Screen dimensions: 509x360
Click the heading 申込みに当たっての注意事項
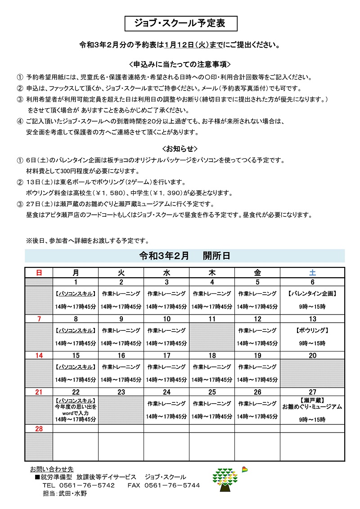click(180, 64)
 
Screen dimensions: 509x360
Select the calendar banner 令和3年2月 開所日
click(185, 256)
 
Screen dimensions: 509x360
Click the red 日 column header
click(39, 272)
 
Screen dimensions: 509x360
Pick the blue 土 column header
click(312, 272)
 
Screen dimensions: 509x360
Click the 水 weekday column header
click(166, 272)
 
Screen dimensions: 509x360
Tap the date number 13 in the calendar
click(312, 319)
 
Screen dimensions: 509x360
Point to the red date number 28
click(39, 429)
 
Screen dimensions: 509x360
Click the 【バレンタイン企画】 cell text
click(312, 293)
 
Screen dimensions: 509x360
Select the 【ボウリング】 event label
click(312, 330)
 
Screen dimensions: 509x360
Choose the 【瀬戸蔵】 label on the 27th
click(312, 400)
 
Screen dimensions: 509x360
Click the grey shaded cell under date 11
click(212, 337)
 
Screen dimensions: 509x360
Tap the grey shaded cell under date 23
click(121, 410)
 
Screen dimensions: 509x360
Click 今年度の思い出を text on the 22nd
click(76, 406)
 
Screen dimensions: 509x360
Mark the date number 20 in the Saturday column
click(312, 356)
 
